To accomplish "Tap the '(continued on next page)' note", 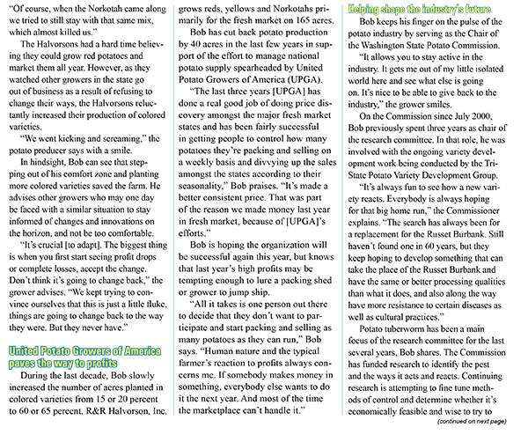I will (x=479, y=433).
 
